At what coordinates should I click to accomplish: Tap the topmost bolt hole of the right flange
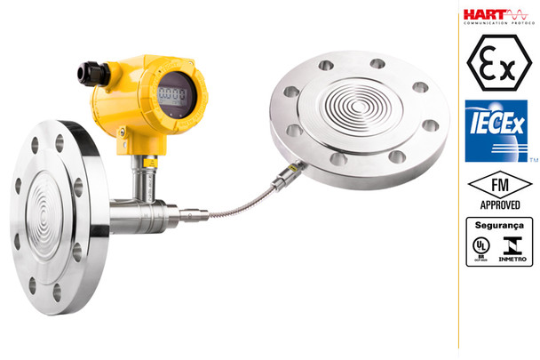[x=377, y=63]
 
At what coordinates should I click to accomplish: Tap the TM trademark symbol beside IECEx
[x=534, y=161]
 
